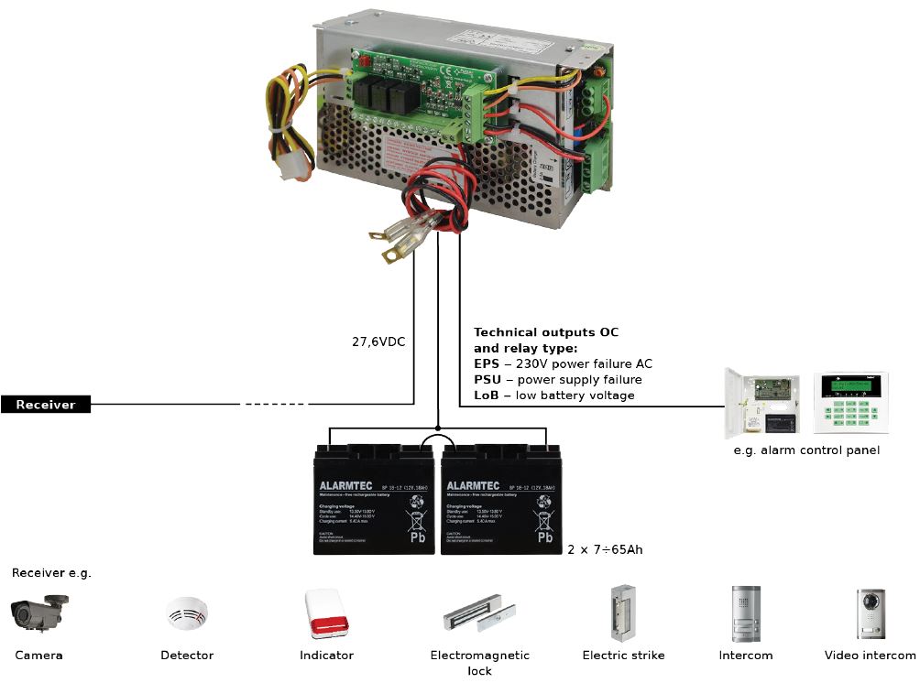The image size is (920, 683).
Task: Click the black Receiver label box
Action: click(45, 405)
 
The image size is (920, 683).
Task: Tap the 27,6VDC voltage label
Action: click(378, 341)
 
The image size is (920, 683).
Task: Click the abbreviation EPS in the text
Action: click(486, 364)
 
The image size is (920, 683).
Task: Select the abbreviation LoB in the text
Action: click(486, 396)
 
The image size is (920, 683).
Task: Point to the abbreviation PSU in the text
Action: click(487, 380)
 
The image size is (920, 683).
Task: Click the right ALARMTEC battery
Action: click(499, 501)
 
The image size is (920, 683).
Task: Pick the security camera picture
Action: click(38, 613)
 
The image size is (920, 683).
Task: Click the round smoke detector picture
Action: click(187, 613)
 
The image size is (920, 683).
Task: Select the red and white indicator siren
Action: click(326, 613)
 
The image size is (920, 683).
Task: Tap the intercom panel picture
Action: click(745, 613)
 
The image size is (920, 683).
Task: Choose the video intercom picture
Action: click(870, 613)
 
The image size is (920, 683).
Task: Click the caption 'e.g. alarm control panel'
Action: click(806, 450)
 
